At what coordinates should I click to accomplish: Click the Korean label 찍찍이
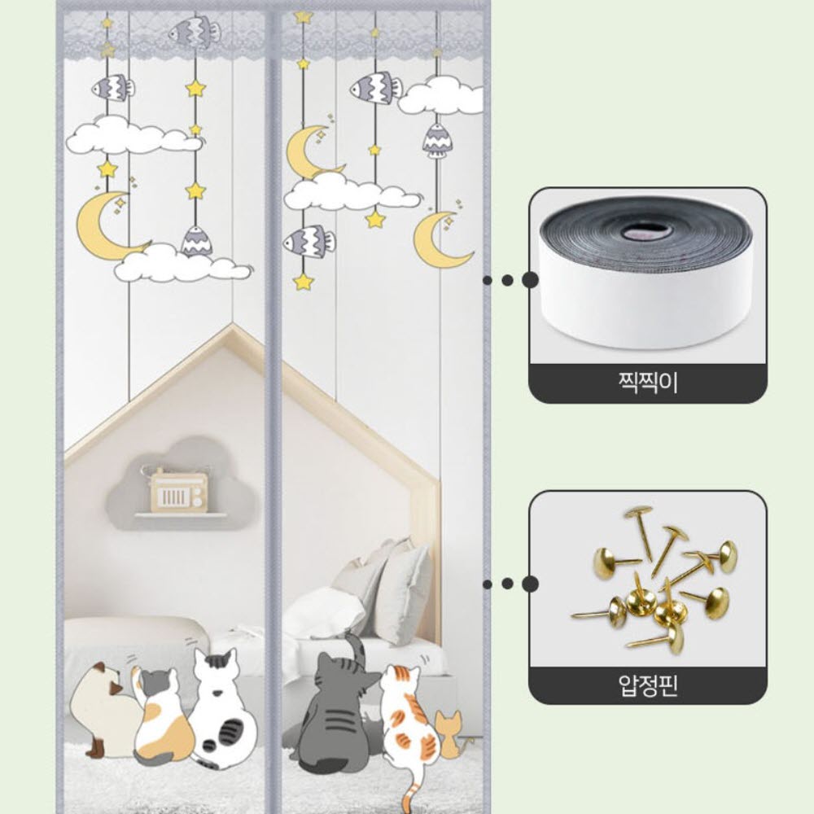pos(647,383)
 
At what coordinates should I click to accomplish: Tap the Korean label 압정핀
pos(647,685)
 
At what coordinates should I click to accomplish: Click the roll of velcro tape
pos(647,273)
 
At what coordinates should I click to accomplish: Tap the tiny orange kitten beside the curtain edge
pos(449,734)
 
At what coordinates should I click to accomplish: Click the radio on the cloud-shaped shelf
pos(177,491)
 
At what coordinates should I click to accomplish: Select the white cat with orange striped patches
pos(409,721)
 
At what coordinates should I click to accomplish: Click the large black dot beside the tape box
pos(530,280)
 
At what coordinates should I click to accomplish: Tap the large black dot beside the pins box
pos(530,584)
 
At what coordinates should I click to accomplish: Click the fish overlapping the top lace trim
pos(195,33)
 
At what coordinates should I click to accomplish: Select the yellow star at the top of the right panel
pos(303,16)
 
